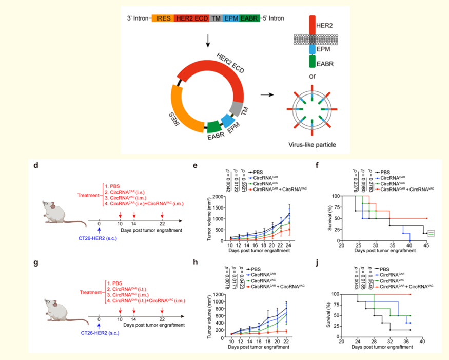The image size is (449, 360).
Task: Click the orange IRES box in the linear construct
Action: click(163, 17)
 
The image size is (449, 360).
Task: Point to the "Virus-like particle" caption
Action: click(313, 145)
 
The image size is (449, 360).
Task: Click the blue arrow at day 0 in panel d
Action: click(99, 225)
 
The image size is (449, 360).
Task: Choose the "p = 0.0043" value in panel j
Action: click(355, 279)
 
